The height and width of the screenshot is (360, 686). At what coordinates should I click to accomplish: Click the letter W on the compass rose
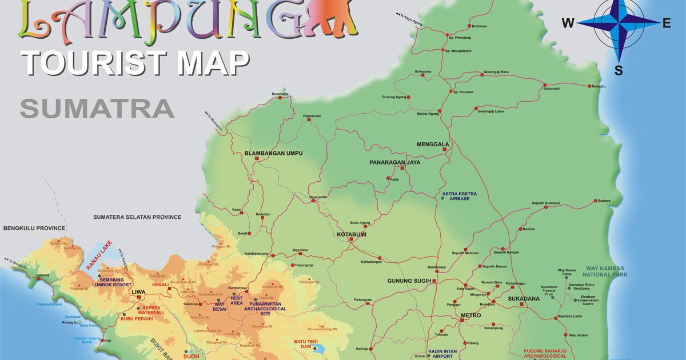pos(568,23)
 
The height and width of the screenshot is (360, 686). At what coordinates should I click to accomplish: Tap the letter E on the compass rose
pos(666,23)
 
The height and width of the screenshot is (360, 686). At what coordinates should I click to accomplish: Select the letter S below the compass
pos(619,70)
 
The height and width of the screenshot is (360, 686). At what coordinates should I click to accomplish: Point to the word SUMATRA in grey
pos(97,108)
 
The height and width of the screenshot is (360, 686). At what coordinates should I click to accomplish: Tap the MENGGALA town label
pos(433,145)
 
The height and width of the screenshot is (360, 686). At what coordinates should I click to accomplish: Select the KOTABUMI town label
pos(352,234)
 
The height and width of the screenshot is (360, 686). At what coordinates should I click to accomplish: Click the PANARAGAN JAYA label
pos(394,162)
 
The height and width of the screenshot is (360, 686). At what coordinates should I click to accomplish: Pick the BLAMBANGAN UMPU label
pos(273,153)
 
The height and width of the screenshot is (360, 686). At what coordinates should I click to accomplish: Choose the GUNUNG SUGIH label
pos(408,281)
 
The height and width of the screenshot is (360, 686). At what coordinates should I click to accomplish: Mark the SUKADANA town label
pos(524,298)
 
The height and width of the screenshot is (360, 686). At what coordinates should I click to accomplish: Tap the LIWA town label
pos(138,292)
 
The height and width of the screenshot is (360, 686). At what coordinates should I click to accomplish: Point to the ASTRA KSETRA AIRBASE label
pos(459,196)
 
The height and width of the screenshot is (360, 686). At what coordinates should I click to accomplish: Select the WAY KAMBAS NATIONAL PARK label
pos(606,271)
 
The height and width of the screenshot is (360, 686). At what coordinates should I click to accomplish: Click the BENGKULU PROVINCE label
pos(34,228)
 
